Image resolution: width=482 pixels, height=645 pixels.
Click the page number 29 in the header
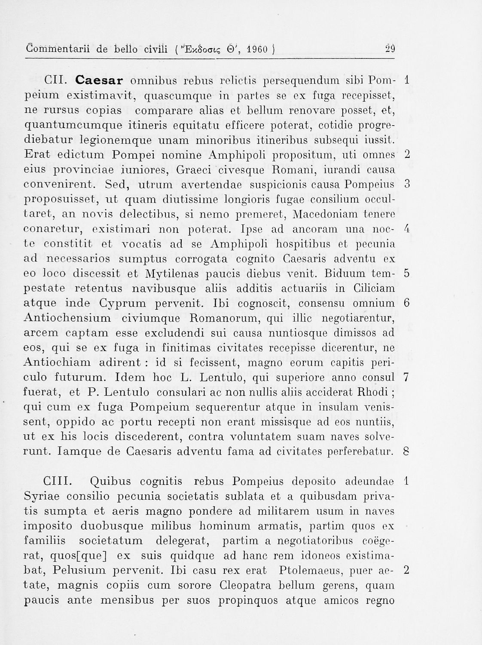point(390,49)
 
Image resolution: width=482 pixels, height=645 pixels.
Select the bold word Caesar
point(100,80)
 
